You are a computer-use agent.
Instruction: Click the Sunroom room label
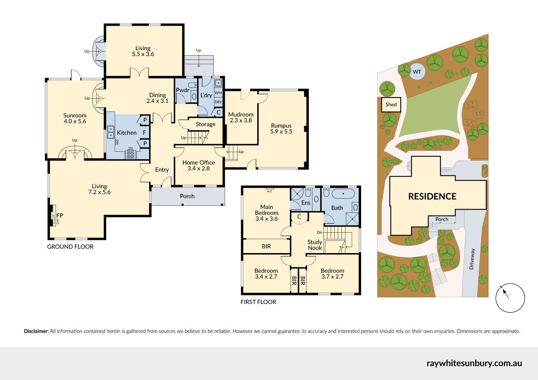75,115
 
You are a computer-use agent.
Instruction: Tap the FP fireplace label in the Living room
60,215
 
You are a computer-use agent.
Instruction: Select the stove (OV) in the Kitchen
131,155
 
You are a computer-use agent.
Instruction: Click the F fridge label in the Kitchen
144,133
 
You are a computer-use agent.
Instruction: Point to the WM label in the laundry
218,92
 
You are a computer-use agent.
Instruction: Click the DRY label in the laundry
218,102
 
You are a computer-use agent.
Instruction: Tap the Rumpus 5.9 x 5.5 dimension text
281,132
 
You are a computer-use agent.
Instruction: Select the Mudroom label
241,114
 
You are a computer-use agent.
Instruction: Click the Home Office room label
199,162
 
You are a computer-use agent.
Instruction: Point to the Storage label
206,124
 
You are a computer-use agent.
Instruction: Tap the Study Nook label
315,245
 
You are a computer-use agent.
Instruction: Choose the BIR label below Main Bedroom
266,246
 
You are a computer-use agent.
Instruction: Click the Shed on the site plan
391,104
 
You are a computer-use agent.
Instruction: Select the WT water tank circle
417,72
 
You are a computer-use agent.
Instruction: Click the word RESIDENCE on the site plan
432,196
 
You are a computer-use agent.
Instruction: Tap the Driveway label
472,259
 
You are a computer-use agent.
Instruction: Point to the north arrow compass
510,298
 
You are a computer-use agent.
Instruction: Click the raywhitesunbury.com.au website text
475,363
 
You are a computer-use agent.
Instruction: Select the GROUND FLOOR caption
70,247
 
